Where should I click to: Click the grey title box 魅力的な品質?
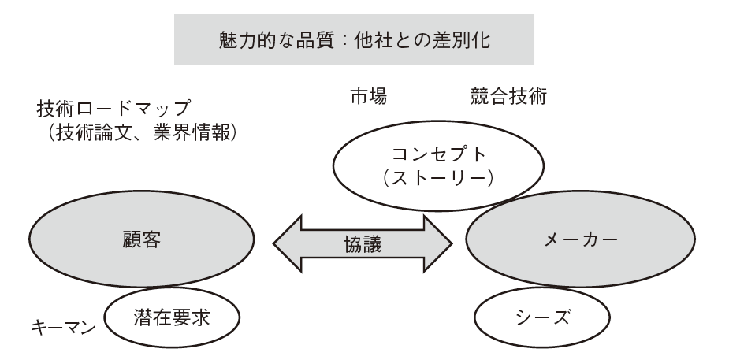[354, 40]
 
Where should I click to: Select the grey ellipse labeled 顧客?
[142, 239]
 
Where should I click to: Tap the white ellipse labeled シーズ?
[542, 318]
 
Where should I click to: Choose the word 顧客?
[142, 240]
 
